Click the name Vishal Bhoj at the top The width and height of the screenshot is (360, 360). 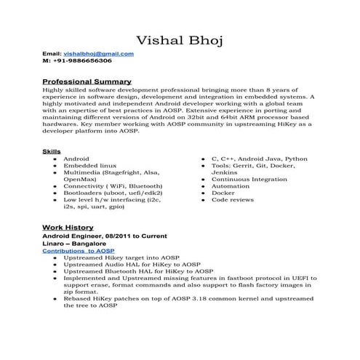tap(180, 38)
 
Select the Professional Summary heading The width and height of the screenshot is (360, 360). tap(87, 81)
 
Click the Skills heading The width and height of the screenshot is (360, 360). tap(52, 151)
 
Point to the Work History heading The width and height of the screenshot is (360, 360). tap(68, 227)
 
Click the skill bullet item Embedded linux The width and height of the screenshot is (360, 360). tap(89, 165)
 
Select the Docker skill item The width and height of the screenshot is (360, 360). tap(224, 193)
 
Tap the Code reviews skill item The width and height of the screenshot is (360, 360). tap(233, 199)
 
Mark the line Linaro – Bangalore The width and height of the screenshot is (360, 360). tap(74, 243)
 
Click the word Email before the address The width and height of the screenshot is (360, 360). tap(52, 54)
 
